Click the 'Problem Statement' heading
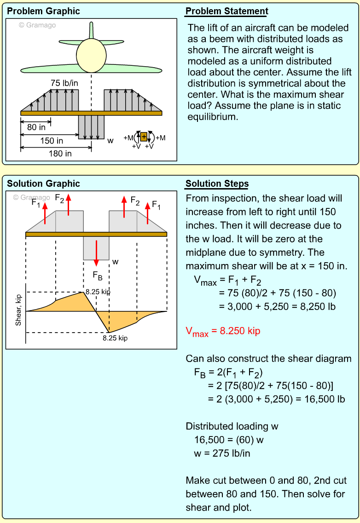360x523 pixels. click(226, 11)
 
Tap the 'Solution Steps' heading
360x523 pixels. click(217, 184)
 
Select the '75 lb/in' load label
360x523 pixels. click(64, 83)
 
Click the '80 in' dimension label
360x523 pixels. click(36, 127)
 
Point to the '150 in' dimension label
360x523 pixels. click(52, 141)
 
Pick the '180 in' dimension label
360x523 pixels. click(60, 154)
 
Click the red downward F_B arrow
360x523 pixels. click(96, 253)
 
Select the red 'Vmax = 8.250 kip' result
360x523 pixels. click(223, 331)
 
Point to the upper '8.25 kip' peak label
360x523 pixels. click(98, 292)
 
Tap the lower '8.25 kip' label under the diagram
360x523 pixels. click(115, 338)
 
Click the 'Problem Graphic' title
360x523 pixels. click(43, 11)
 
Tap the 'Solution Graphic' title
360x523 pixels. click(43, 184)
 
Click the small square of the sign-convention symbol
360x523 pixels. click(144, 137)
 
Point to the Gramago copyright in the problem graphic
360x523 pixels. click(37, 25)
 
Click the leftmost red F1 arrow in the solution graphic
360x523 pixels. click(45, 213)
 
